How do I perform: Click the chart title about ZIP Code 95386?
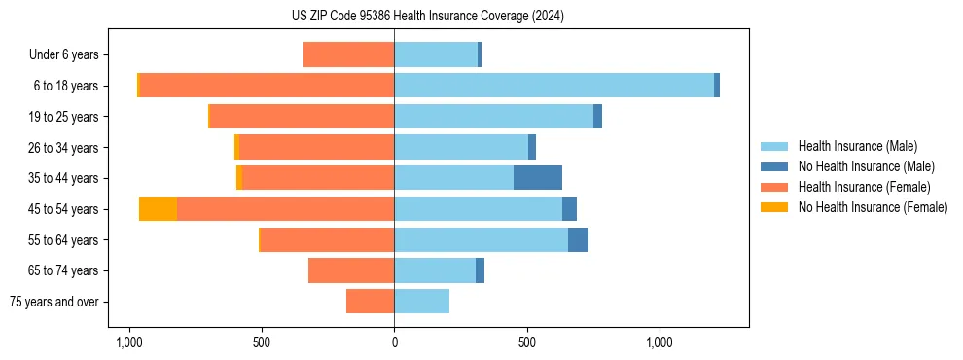tap(427, 17)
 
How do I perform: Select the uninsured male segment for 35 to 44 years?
tap(538, 178)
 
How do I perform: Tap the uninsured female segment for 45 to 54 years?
tap(158, 209)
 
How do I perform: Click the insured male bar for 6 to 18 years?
tap(553, 86)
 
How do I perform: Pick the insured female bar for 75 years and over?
tap(370, 302)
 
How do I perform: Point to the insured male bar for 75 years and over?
tap(421, 302)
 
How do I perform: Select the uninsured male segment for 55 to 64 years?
tap(578, 240)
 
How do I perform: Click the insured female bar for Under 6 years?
tap(348, 54)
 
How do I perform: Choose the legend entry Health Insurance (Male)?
tap(853, 146)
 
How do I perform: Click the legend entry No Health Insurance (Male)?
tap(861, 166)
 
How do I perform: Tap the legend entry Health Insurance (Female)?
tap(858, 187)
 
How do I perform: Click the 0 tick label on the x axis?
tap(394, 342)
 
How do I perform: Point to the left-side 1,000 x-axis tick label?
tap(128, 342)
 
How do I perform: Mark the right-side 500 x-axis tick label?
tap(526, 342)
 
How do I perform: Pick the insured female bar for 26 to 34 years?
tap(316, 147)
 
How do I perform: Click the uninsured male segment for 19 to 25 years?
tap(597, 117)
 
